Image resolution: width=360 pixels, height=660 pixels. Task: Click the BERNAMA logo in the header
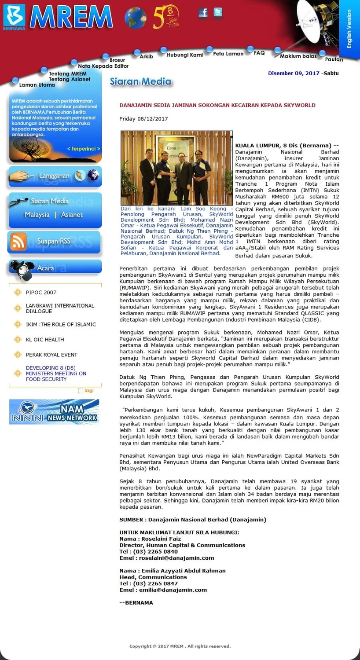14,17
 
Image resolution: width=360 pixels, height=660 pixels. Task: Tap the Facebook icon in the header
203,13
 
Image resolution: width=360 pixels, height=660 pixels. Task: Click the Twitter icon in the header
217,12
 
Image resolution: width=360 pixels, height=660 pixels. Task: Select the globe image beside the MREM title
135,18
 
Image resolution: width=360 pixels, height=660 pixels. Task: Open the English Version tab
349,29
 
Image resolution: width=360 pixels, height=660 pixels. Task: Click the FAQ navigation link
259,53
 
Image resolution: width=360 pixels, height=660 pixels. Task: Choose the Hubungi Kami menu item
184,55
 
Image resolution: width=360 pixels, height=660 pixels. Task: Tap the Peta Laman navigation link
228,54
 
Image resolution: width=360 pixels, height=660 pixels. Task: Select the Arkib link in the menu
146,56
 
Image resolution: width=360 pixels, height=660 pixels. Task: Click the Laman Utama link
37,85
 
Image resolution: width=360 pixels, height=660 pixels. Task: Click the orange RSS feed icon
18,242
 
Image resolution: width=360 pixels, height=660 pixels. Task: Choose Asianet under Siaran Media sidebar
72,215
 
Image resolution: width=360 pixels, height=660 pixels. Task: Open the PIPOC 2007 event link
41,292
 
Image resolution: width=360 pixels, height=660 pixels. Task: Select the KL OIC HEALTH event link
45,340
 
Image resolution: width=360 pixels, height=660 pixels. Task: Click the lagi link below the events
88,391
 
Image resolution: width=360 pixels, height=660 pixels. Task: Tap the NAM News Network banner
54,412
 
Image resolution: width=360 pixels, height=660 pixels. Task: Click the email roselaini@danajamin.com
176,558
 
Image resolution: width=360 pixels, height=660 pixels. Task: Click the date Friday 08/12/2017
143,119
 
